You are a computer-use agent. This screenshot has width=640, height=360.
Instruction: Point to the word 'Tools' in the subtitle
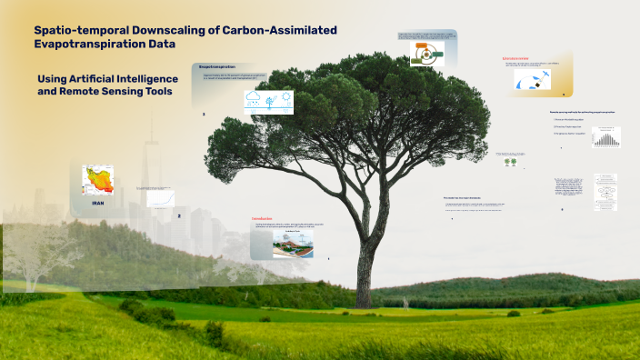click(x=155, y=92)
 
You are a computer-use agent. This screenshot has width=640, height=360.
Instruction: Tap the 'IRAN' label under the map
click(x=97, y=204)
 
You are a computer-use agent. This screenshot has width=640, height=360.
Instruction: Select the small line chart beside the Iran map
click(x=161, y=199)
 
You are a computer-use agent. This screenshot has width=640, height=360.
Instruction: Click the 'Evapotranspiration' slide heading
click(x=218, y=67)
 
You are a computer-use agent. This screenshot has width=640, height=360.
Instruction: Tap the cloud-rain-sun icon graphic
click(x=267, y=101)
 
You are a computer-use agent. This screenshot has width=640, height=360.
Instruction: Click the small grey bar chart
click(x=605, y=136)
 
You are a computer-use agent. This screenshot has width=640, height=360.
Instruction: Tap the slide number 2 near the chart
click(x=179, y=216)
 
